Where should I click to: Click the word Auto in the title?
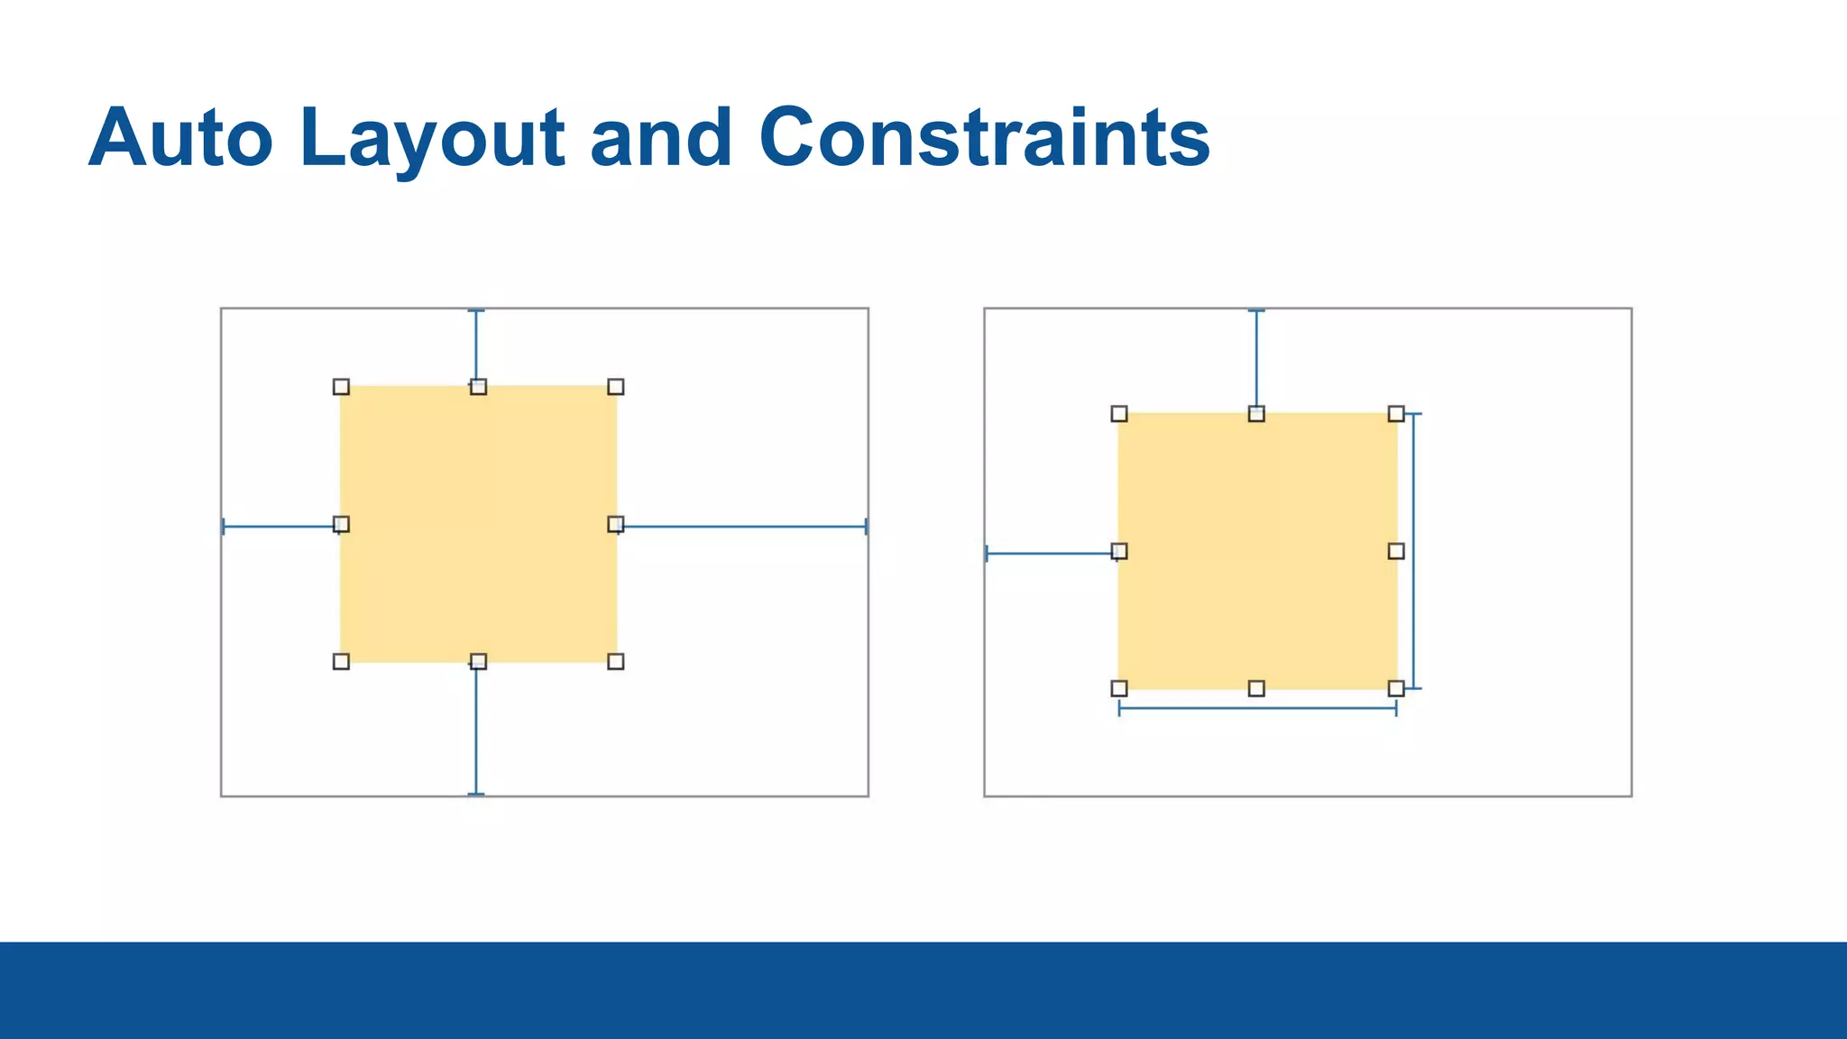[x=180, y=138]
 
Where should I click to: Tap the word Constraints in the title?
[x=984, y=138]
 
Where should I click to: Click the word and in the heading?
[x=661, y=138]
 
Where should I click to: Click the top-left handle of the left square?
[x=341, y=387]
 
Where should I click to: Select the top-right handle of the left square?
[x=616, y=387]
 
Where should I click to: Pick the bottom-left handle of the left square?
[x=341, y=662]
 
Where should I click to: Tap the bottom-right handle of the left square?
[x=616, y=662]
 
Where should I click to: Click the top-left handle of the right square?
[x=1119, y=414]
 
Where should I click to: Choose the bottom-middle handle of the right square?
[x=1256, y=689]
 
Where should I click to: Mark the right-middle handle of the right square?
[x=1396, y=551]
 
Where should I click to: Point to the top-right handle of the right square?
[x=1396, y=414]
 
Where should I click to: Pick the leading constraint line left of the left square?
[x=280, y=527]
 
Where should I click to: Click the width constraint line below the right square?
[x=1257, y=709]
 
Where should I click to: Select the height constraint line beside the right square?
[x=1413, y=551]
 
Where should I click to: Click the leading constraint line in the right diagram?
[x=1051, y=553]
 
